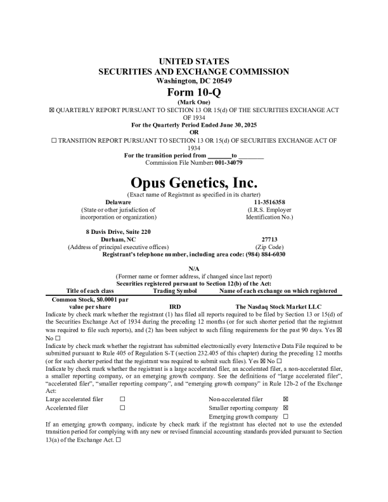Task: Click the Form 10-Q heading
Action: [x=193, y=92]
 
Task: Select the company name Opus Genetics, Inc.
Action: [x=193, y=183]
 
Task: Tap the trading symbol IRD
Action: [x=176, y=306]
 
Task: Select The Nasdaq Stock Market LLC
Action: [x=276, y=306]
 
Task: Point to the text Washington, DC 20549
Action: [x=193, y=81]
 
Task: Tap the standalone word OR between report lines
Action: [x=193, y=132]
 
